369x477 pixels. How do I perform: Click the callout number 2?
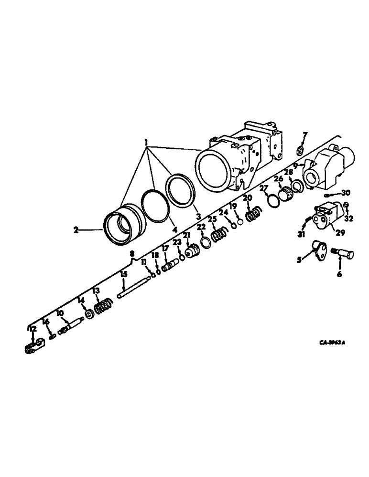point(76,230)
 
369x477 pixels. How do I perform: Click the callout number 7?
point(305,135)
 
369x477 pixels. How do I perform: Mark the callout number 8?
point(132,254)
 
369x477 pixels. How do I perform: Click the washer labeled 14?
point(88,315)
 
